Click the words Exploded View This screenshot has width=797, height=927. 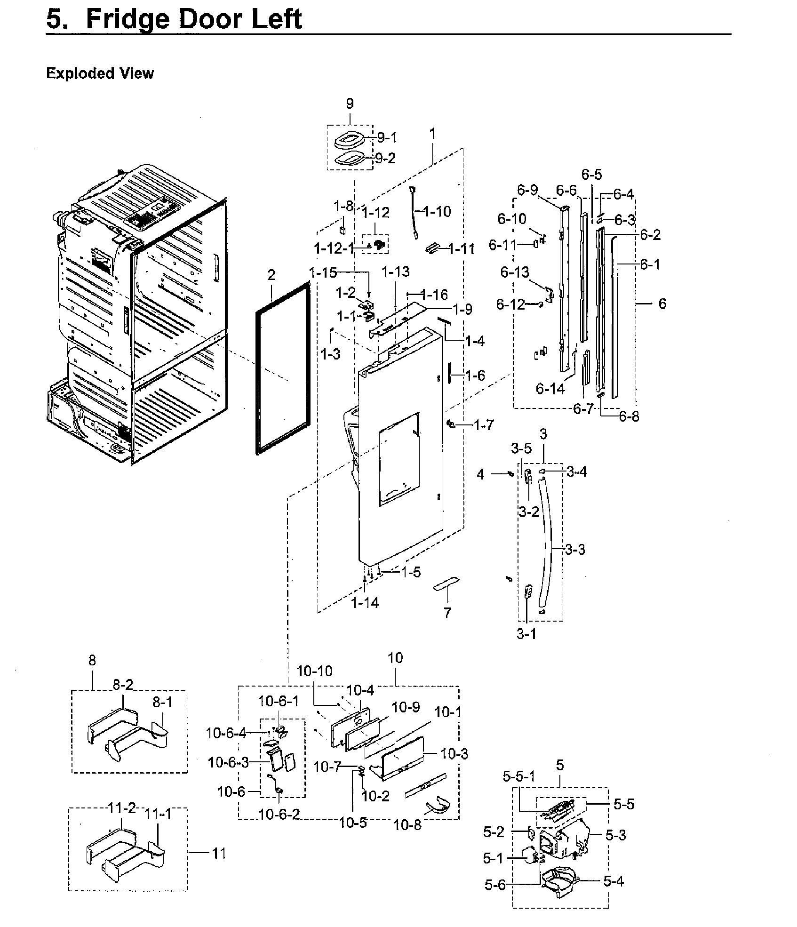click(100, 74)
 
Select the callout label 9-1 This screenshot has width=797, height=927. click(387, 137)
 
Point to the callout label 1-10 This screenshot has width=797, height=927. click(437, 212)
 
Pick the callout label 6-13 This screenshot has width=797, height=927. click(515, 272)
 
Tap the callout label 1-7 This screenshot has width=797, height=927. click(484, 425)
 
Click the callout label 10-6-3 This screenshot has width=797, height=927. click(228, 762)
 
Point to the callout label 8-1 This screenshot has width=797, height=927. click(162, 703)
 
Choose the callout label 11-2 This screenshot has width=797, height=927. click(121, 808)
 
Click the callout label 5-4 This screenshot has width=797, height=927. click(614, 881)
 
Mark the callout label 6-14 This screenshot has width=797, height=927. click(550, 389)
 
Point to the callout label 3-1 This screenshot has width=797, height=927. click(526, 634)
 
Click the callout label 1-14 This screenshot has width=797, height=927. click(365, 603)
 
